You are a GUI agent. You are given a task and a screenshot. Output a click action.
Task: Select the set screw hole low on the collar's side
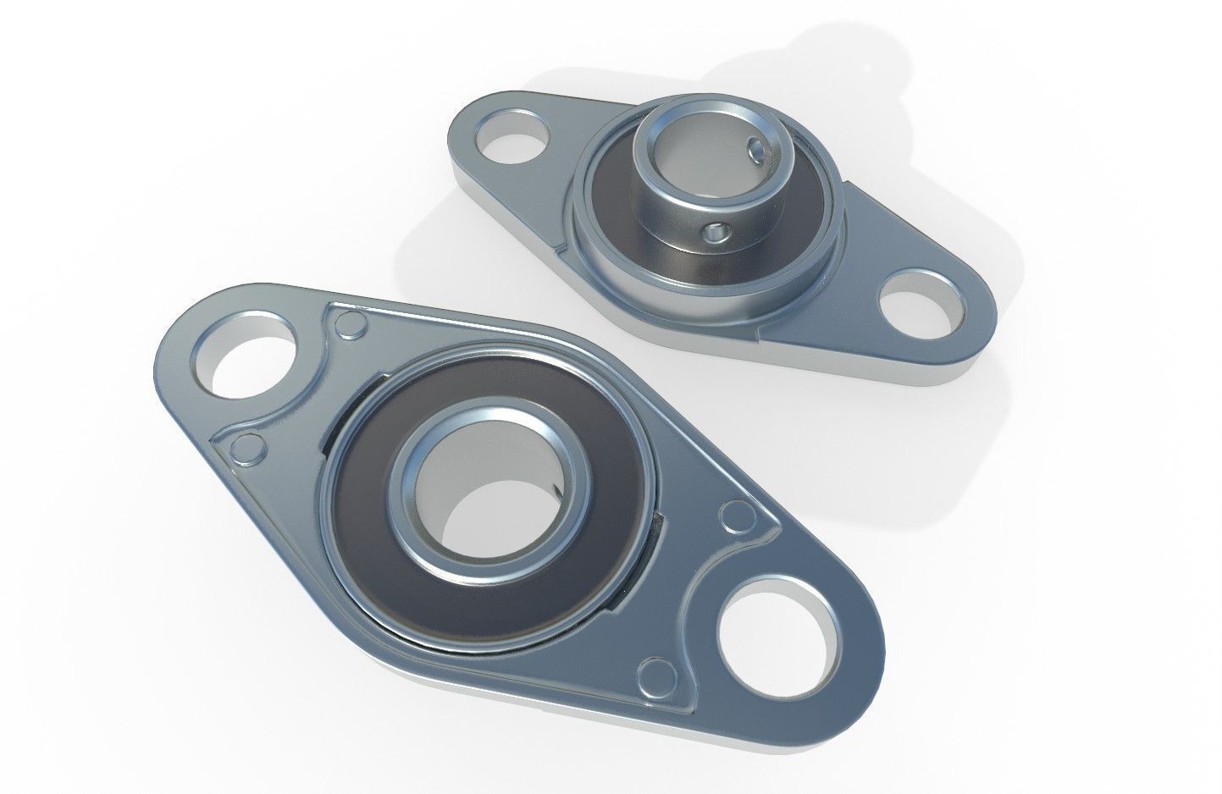[x=719, y=230]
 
